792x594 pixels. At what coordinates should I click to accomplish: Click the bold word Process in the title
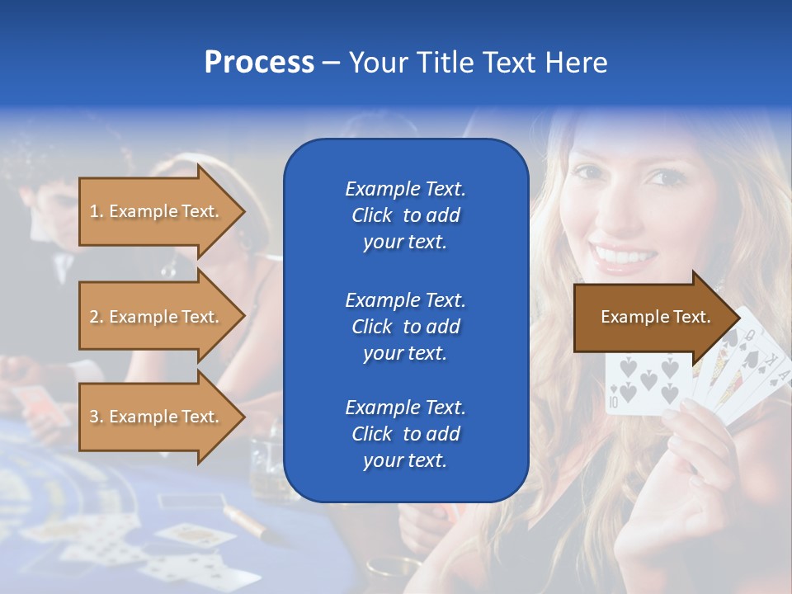(x=259, y=63)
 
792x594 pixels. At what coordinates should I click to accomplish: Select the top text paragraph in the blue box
(x=405, y=215)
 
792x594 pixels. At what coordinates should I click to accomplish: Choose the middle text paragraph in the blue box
(x=405, y=326)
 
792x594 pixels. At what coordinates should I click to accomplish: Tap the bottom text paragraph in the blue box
(x=405, y=433)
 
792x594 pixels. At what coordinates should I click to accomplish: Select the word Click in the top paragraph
(x=371, y=215)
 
